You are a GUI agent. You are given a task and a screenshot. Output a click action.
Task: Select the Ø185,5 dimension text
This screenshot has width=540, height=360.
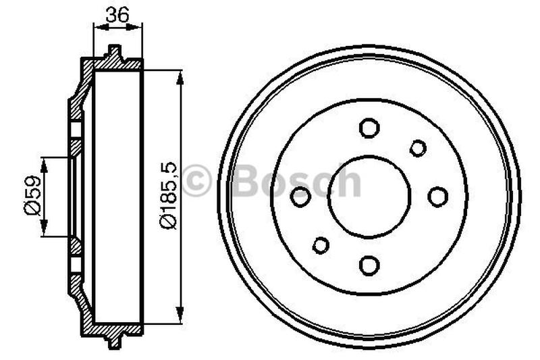point(167,196)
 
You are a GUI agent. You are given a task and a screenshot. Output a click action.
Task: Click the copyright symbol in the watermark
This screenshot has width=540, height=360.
point(197,181)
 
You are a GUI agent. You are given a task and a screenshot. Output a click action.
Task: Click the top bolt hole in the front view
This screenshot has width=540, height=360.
point(369,128)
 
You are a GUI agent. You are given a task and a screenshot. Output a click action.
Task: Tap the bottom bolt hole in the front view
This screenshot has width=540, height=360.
point(369,265)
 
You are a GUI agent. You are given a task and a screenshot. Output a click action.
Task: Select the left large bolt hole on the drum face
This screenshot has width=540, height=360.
point(300,197)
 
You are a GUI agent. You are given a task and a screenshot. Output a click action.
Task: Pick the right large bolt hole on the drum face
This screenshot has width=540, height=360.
point(438,197)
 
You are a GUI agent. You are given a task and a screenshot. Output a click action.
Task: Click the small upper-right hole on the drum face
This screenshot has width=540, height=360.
point(418,148)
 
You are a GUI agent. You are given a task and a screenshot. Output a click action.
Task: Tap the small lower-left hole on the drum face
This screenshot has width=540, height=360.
point(321,245)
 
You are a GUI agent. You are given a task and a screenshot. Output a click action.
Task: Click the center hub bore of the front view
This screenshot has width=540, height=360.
point(369,197)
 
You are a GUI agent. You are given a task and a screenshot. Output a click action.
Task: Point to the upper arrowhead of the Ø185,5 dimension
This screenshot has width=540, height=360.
point(180,76)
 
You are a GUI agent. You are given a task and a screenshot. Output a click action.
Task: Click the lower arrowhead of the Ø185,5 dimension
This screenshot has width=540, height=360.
point(180,316)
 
